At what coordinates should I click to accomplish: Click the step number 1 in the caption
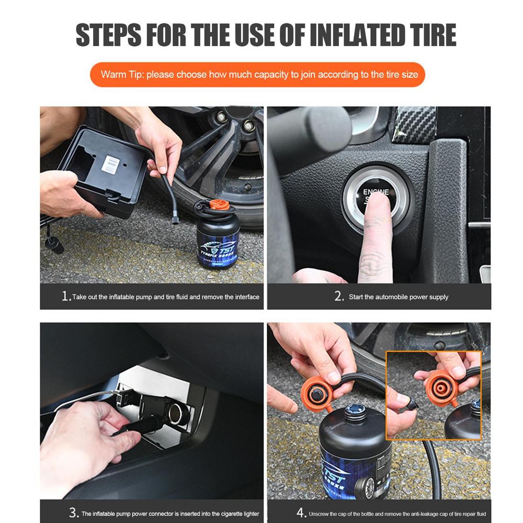[x=65, y=297]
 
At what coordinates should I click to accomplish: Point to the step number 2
[x=339, y=297]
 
